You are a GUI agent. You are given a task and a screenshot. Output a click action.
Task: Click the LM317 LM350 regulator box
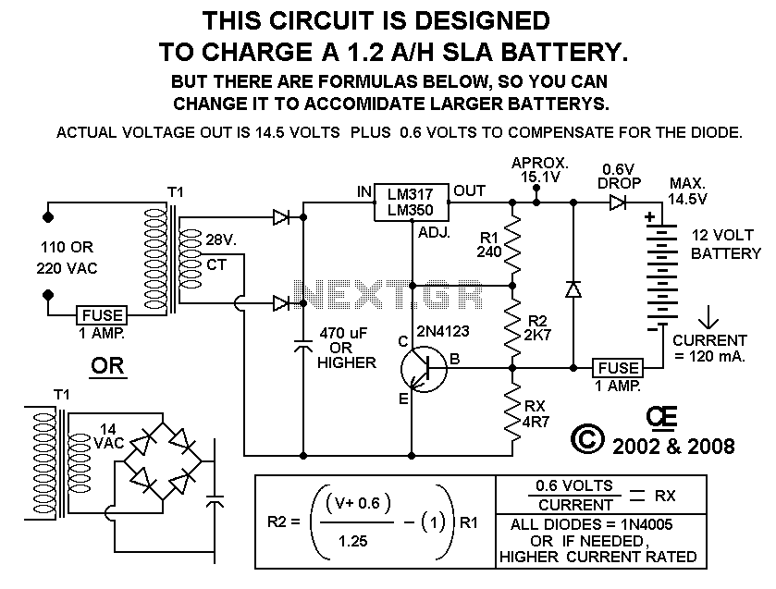pyautogui.click(x=412, y=202)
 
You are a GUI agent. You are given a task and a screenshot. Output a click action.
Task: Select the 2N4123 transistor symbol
pyautogui.click(x=424, y=367)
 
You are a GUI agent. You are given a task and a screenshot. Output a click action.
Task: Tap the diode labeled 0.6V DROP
pyautogui.click(x=618, y=202)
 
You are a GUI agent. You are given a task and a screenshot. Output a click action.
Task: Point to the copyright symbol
pyautogui.click(x=587, y=441)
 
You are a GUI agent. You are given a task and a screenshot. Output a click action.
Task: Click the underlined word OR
pyautogui.click(x=108, y=368)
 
